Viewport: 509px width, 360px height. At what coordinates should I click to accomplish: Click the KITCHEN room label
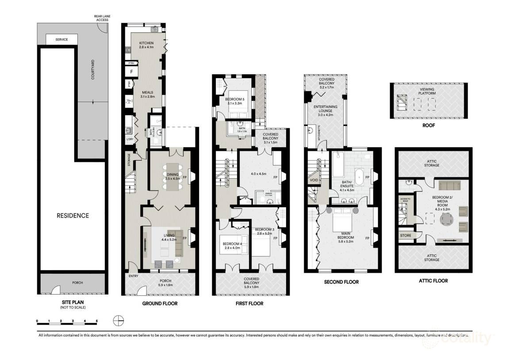(x=146, y=43)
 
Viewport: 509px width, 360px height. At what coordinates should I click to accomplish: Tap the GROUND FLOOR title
(x=160, y=304)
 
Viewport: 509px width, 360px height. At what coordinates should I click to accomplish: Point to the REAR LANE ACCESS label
(x=101, y=18)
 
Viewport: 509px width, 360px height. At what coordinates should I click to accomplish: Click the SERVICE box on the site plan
(x=61, y=40)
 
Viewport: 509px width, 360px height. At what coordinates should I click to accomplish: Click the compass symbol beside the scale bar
(x=117, y=320)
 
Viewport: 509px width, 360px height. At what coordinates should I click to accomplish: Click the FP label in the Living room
(x=184, y=238)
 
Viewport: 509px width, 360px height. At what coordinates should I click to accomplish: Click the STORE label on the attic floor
(x=406, y=236)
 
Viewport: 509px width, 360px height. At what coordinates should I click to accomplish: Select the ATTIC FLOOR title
(x=433, y=281)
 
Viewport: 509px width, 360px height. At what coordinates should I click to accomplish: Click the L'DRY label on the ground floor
(x=130, y=140)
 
